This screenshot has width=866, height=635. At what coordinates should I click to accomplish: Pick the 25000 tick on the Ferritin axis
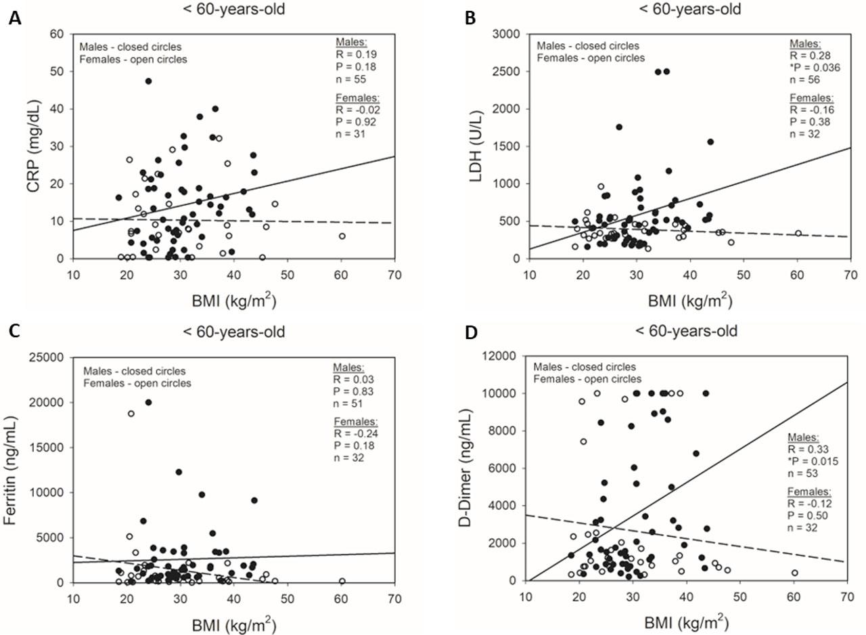pyautogui.click(x=45, y=357)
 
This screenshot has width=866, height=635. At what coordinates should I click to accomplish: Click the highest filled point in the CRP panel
pyautogui.click(x=148, y=81)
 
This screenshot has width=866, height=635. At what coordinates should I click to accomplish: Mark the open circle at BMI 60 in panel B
pyautogui.click(x=798, y=234)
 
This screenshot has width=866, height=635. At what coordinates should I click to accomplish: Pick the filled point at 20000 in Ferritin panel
pyautogui.click(x=149, y=402)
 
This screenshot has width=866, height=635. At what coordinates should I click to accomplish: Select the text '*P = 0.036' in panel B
pyautogui.click(x=812, y=67)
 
